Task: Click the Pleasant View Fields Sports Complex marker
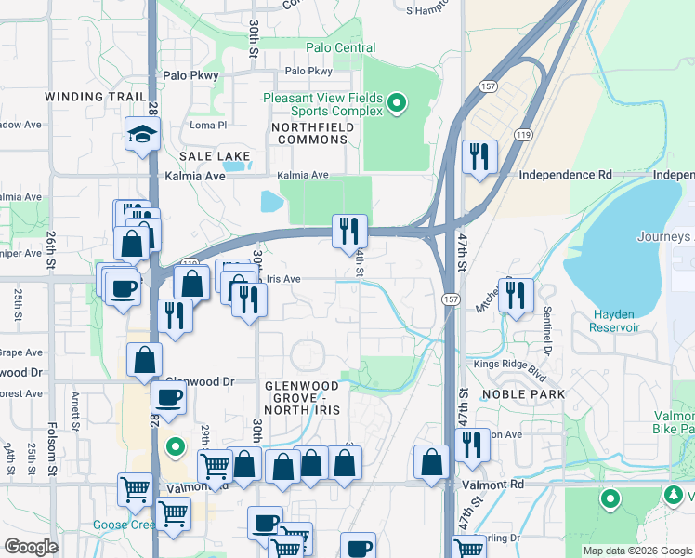tap(398, 102)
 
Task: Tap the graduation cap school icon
tap(142, 136)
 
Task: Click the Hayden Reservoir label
tap(614, 321)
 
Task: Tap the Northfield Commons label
tap(309, 133)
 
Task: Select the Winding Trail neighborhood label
tap(96, 97)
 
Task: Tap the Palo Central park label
tap(341, 48)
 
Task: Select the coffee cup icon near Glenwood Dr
tap(167, 398)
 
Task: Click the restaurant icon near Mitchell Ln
tap(516, 296)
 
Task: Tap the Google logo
tap(32, 547)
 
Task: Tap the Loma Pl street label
tap(208, 126)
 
